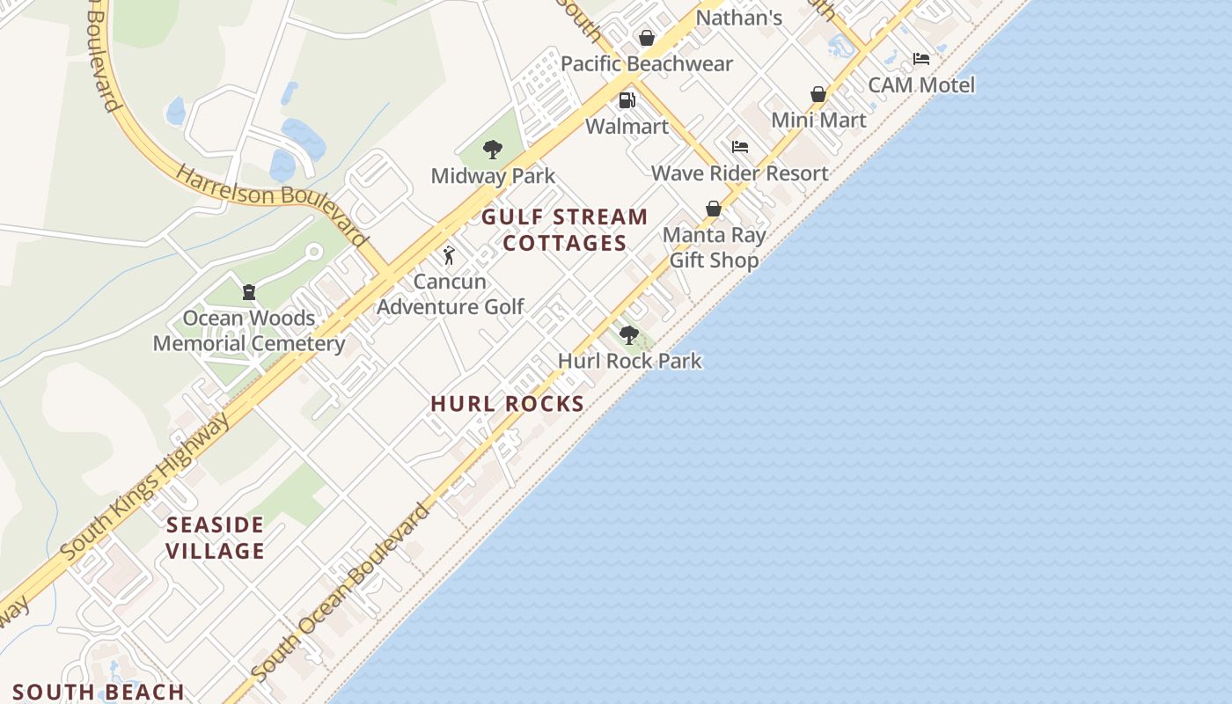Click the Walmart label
click(x=627, y=126)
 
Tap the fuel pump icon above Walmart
click(x=627, y=100)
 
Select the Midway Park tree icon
click(x=493, y=150)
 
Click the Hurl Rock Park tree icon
click(x=628, y=334)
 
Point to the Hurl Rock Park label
click(x=630, y=361)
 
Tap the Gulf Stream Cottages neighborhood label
click(x=564, y=230)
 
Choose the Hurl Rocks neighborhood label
click(x=508, y=404)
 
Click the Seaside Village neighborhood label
click(x=216, y=538)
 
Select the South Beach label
click(x=99, y=692)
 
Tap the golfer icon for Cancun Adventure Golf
click(x=450, y=255)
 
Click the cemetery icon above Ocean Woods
click(x=249, y=291)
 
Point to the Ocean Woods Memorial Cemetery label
click(x=249, y=331)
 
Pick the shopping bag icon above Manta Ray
click(x=714, y=209)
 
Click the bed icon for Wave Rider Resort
click(x=740, y=146)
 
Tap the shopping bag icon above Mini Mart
click(x=818, y=94)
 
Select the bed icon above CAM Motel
click(x=921, y=59)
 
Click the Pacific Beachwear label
click(x=647, y=63)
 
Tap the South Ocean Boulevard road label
click(x=341, y=591)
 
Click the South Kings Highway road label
click(x=147, y=487)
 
